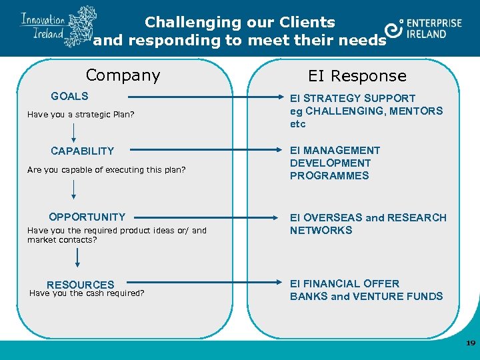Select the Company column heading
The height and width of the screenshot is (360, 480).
[123, 75]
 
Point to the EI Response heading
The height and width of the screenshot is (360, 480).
[357, 76]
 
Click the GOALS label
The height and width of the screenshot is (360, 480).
[69, 97]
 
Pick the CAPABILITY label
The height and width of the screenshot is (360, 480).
[82, 151]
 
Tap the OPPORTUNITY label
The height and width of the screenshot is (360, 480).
[87, 217]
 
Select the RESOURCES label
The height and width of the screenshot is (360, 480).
[80, 285]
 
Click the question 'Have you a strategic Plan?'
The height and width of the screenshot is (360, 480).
[81, 115]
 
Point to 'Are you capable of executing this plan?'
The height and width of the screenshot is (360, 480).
[106, 170]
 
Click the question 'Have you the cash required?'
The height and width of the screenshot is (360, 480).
[87, 293]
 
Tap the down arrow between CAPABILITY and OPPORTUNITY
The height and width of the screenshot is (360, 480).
[73, 189]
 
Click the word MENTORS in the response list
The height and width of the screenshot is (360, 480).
[418, 111]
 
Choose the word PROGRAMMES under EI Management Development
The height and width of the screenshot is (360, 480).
[329, 176]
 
